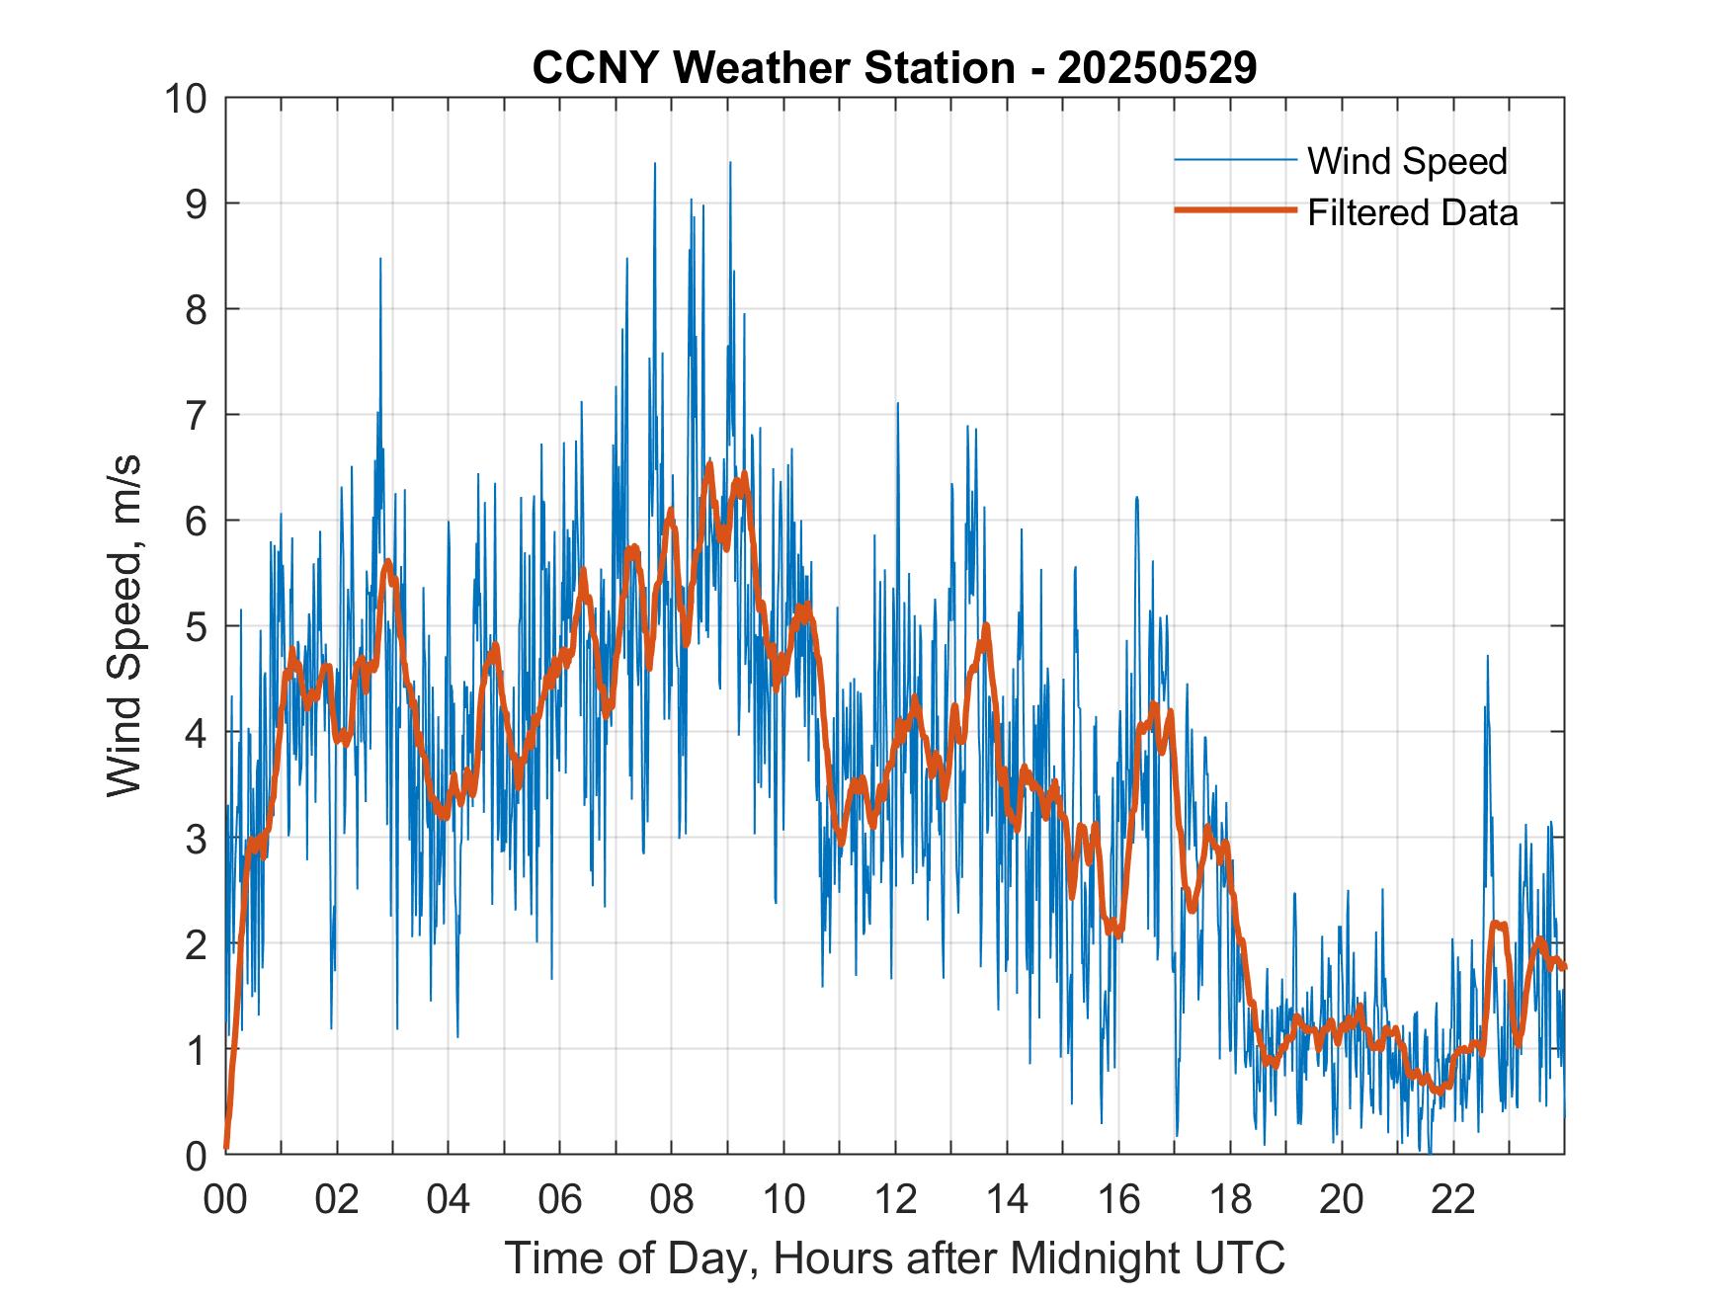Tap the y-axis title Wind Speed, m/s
(x=125, y=624)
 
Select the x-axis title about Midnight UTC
(x=894, y=1257)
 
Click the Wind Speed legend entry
(x=1407, y=161)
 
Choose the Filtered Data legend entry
(x=1412, y=212)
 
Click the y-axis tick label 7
(x=196, y=415)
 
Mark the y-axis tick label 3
(x=196, y=838)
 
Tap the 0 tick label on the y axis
(x=196, y=1154)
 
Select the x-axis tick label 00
(x=226, y=1199)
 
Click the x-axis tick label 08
(x=672, y=1199)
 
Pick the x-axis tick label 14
(x=1007, y=1199)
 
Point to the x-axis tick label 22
(x=1453, y=1199)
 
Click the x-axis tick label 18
(x=1230, y=1199)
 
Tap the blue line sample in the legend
(x=1235, y=160)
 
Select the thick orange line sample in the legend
(x=1235, y=211)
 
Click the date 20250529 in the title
(x=1157, y=68)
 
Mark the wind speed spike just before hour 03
(x=380, y=260)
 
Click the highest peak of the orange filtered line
(x=709, y=463)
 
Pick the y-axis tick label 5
(x=196, y=626)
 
